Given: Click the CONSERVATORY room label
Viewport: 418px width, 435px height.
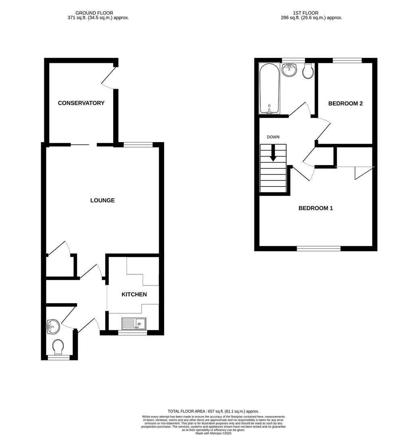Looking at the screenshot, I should pos(81,103).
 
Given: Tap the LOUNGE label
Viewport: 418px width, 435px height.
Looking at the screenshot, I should pos(102,200).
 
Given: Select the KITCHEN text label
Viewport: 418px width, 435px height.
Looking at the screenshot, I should pos(134,294).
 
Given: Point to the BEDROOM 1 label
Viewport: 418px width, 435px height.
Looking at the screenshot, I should pos(316,208).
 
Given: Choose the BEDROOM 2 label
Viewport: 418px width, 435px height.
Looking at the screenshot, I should pos(345,104).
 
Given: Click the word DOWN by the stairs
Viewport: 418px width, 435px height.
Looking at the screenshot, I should pos(273,137).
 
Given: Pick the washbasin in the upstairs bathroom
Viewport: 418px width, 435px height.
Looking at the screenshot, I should pos(289,70).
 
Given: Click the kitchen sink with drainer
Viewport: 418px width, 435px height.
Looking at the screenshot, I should pos(133,323).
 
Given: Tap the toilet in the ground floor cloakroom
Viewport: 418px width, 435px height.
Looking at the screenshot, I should pos(58,346).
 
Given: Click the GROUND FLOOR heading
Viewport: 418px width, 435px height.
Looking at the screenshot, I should pos(94,13).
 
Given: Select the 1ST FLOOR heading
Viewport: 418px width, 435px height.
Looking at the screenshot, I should pos(306,13).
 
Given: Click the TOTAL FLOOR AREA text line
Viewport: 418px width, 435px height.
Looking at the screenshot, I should pos(213,411).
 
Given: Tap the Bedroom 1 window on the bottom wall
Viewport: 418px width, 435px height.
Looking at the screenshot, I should pos(318,249).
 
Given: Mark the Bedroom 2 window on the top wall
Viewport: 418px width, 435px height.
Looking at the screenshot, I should pos(347,60).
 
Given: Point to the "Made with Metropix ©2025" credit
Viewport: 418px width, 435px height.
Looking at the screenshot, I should pos(214,433).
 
